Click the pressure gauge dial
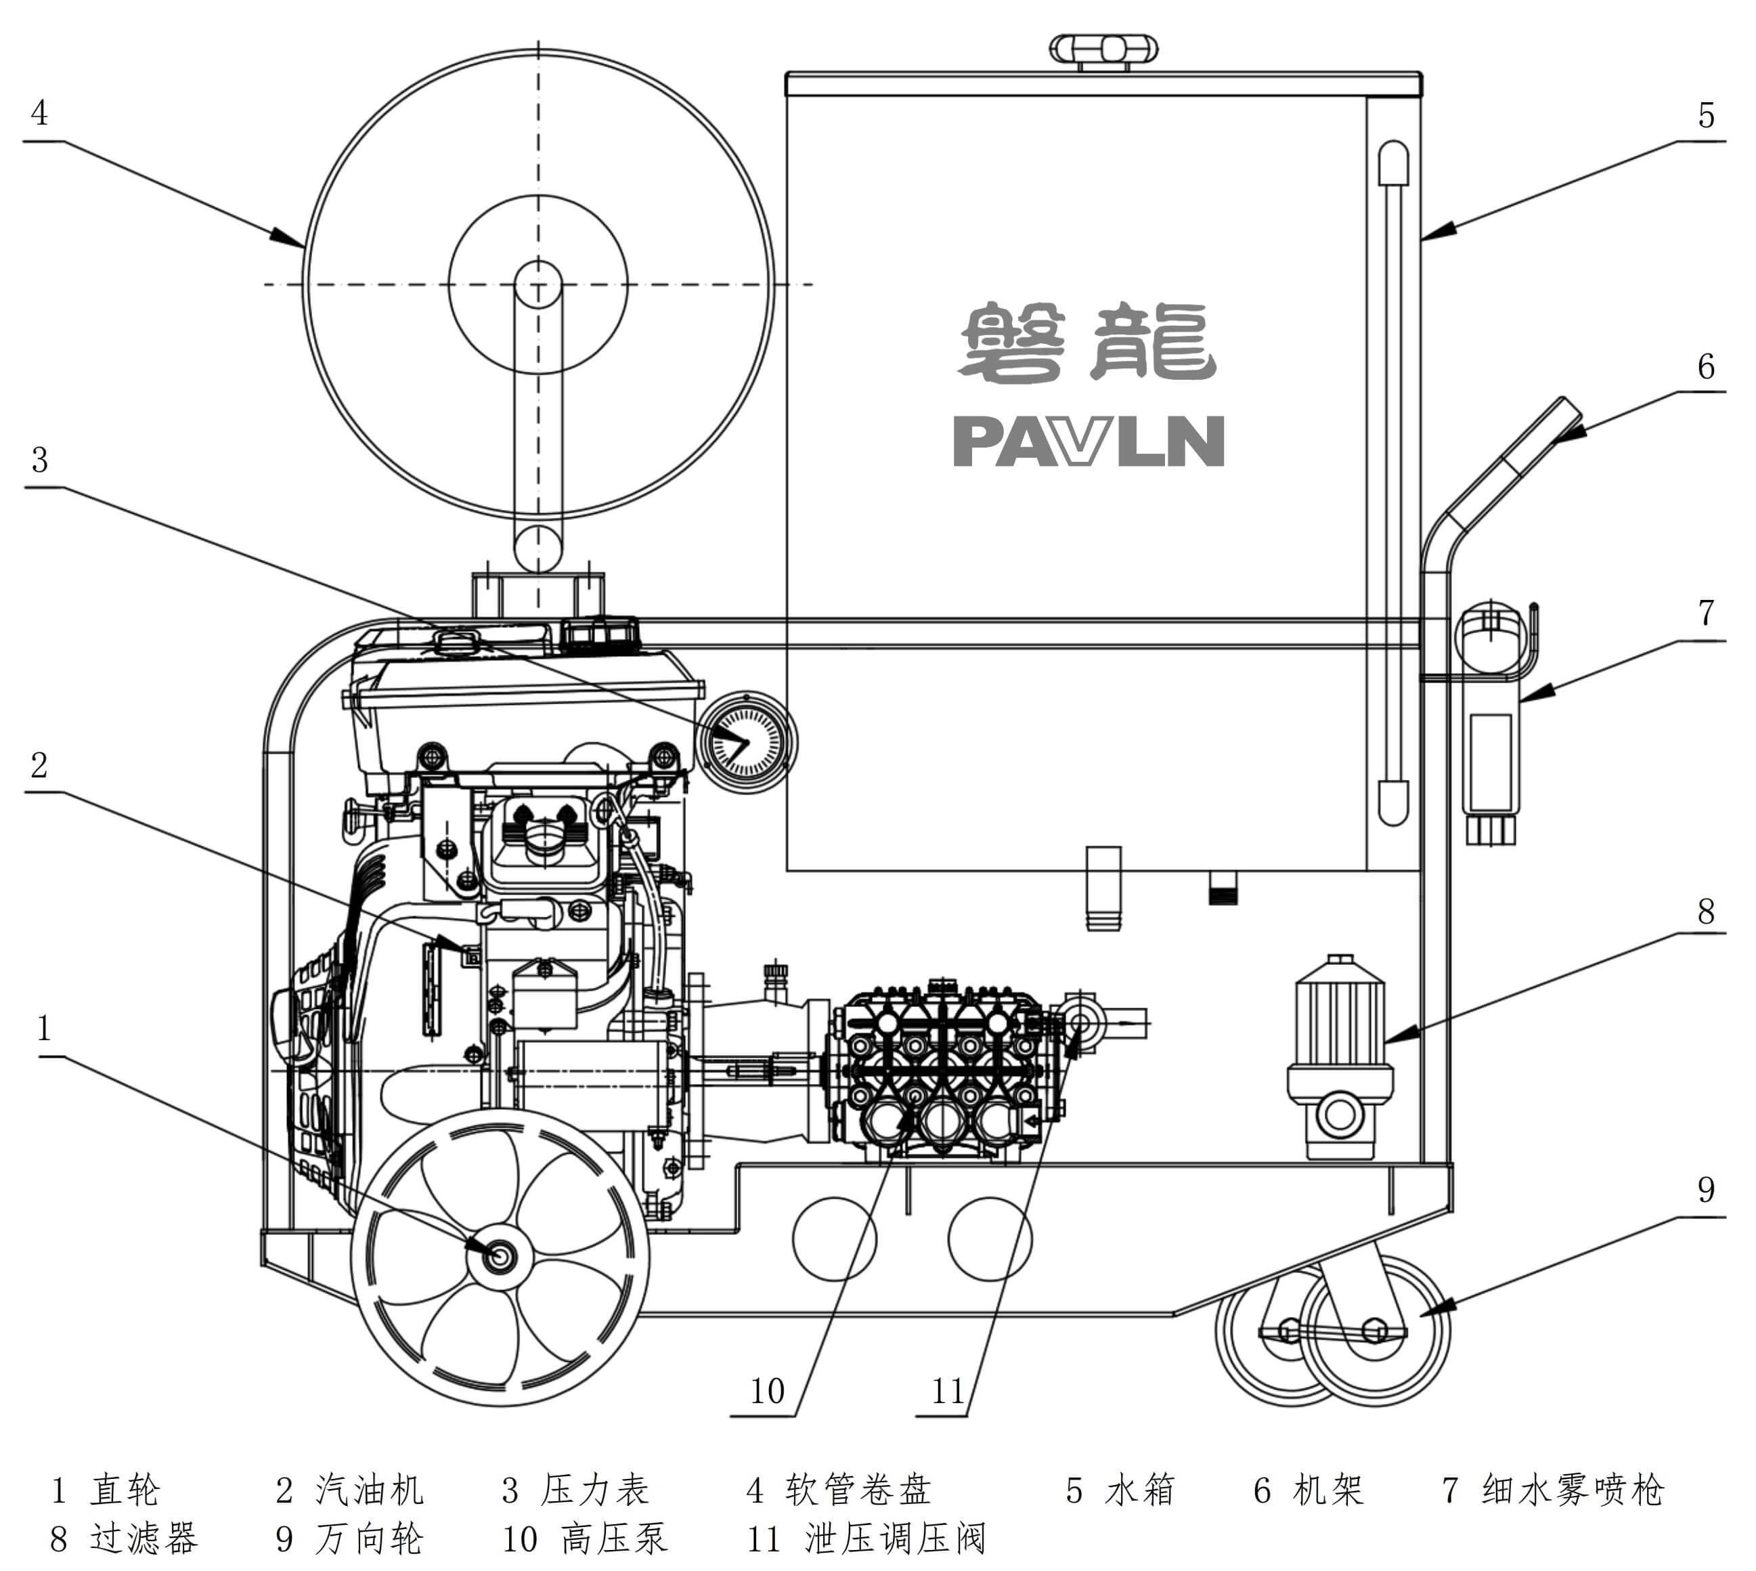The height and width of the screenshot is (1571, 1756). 745,741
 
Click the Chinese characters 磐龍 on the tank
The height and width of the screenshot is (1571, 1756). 1087,342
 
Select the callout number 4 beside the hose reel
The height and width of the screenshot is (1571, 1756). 39,113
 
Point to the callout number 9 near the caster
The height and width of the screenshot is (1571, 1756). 1706,1190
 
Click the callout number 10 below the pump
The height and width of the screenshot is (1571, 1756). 767,1391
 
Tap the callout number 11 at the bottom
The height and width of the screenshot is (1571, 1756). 948,1391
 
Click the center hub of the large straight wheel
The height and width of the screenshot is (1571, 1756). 498,1255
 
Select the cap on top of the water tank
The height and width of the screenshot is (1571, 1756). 1103,50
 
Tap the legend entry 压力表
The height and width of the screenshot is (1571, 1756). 594,1490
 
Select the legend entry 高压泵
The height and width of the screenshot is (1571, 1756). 613,1538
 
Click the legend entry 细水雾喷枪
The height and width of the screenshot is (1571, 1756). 1572,1490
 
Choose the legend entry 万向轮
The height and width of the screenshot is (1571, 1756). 370,1538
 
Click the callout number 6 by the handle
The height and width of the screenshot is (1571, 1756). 1706,367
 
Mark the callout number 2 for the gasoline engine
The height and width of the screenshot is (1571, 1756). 39,765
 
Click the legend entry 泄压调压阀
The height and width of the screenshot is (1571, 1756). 894,1538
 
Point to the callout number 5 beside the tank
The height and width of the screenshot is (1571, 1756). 1706,116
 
